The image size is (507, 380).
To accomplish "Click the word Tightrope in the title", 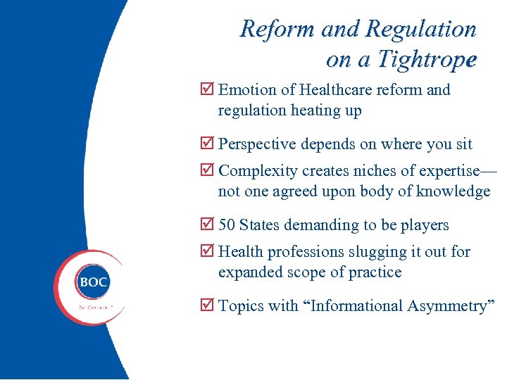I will [x=427, y=59].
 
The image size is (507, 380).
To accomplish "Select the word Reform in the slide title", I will [x=277, y=29].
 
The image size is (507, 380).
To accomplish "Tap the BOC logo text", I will [x=93, y=282].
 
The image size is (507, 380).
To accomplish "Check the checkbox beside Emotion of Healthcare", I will [x=206, y=90].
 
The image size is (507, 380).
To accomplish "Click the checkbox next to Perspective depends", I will [x=206, y=144].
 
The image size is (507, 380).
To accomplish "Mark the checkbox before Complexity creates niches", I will [x=206, y=171].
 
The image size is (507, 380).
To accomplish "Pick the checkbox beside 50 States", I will [x=206, y=225].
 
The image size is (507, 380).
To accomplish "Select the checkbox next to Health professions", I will [x=206, y=252].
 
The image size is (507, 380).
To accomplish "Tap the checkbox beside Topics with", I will [x=206, y=306].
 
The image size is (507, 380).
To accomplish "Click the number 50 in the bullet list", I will [x=227, y=225].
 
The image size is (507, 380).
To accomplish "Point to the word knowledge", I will [x=453, y=191].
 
